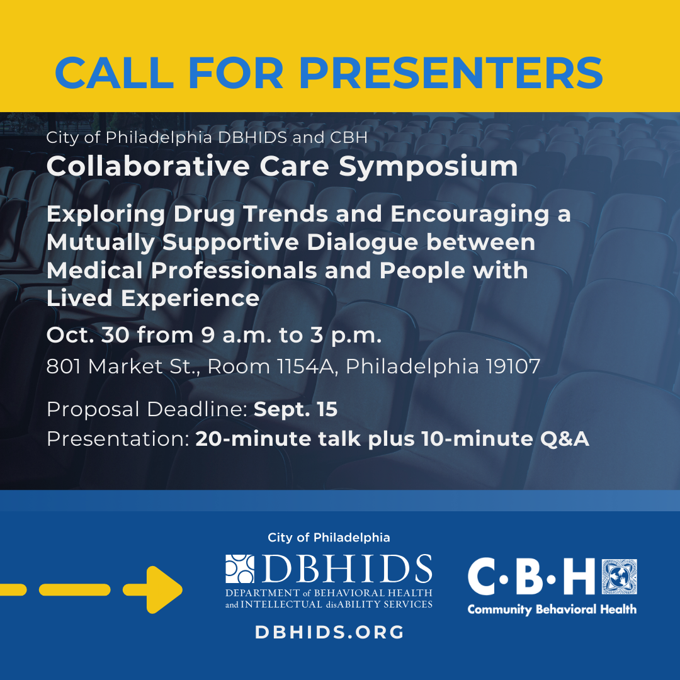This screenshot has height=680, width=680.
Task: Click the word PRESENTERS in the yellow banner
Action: coord(451,73)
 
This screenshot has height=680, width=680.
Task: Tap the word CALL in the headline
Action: coord(115,73)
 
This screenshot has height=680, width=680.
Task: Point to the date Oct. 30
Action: coord(88,335)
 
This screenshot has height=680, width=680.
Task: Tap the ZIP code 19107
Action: coord(513,366)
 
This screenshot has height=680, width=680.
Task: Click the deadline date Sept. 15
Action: coord(295,409)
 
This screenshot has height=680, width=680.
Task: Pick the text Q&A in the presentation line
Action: coord(564,439)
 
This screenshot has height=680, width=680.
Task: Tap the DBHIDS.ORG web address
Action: coord(329,632)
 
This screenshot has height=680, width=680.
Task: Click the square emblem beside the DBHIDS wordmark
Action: coord(240,569)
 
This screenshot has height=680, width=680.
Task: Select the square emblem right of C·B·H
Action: coord(620,577)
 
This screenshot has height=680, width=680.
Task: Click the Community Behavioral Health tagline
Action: coord(552,609)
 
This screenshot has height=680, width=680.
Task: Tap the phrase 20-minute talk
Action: coord(278,439)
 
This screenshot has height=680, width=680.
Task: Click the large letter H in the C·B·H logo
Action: coord(579,577)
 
